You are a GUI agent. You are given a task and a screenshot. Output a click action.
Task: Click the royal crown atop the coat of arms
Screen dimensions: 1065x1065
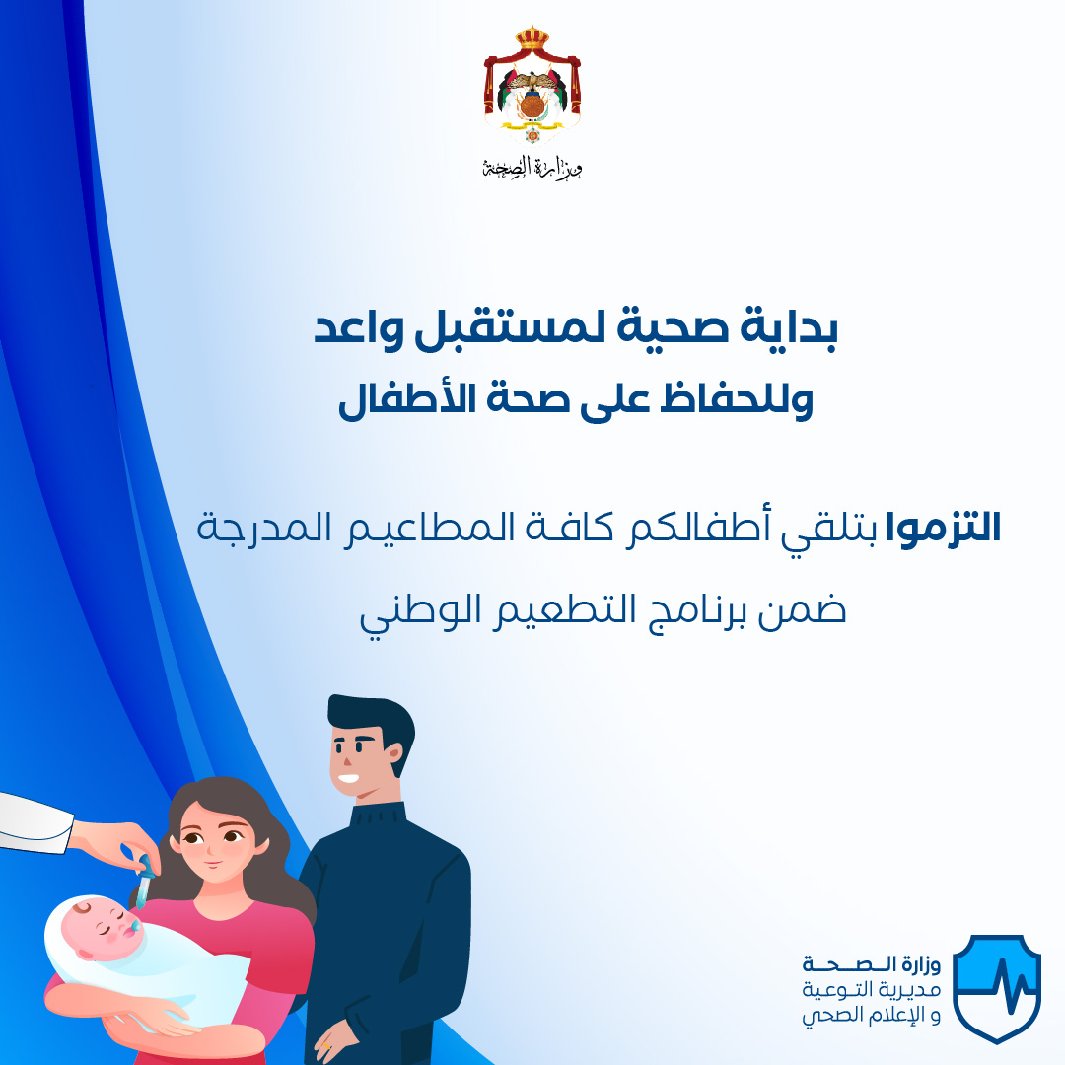(x=532, y=38)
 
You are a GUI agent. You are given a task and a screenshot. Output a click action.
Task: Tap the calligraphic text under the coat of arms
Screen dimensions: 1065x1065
(x=532, y=167)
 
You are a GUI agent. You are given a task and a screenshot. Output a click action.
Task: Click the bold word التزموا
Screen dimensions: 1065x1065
(x=944, y=528)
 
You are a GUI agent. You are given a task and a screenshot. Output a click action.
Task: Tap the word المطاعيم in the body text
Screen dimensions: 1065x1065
(x=429, y=528)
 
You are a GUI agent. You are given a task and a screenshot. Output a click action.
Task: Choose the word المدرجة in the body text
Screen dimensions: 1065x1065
(x=264, y=528)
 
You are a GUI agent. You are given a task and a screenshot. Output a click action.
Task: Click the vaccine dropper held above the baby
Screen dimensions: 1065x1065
(x=144, y=883)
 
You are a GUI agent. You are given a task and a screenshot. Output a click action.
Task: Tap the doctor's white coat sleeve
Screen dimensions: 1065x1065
(x=34, y=821)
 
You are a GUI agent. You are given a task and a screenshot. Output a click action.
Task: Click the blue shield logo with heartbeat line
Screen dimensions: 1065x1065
(x=996, y=988)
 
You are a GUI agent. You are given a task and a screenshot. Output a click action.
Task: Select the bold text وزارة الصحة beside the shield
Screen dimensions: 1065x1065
(x=872, y=964)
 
